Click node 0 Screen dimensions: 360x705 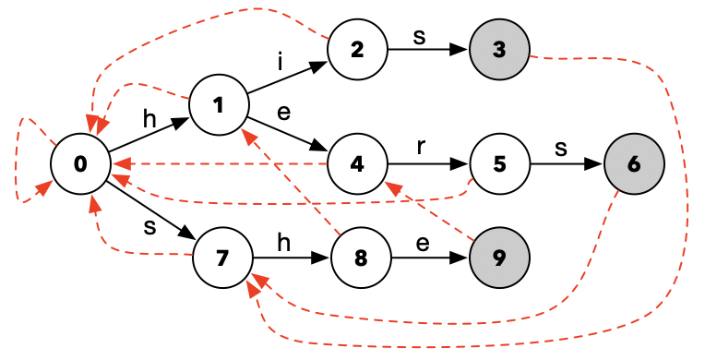(80, 164)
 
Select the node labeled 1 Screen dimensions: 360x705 (219, 104)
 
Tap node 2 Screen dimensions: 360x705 (358, 48)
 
